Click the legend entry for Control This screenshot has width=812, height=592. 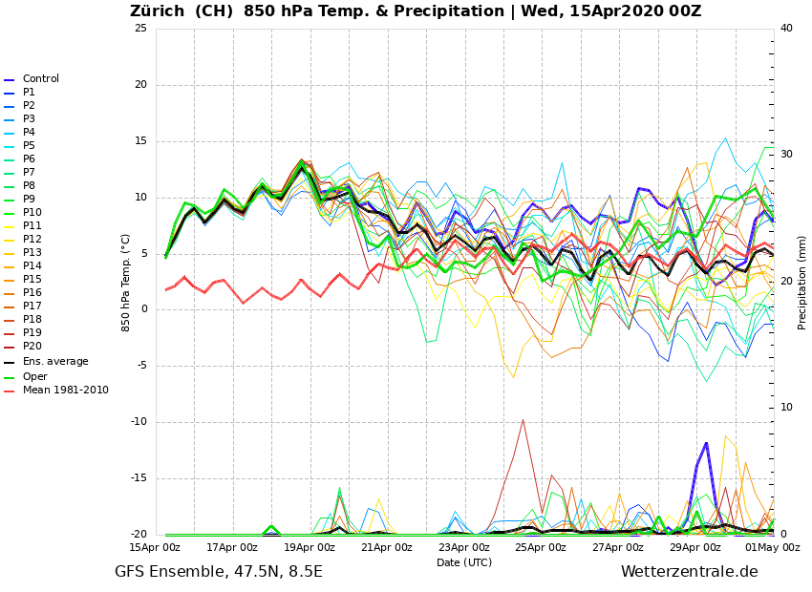pos(40,79)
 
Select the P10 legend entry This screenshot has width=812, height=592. pos(32,213)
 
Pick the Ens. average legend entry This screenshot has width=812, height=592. pos(55,362)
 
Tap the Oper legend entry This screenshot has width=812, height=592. pos(34,376)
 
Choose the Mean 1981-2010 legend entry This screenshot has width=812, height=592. pos(65,391)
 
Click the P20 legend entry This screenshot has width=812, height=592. pos(32,347)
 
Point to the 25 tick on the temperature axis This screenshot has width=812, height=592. pos(140,29)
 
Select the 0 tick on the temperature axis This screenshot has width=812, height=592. pos(143,310)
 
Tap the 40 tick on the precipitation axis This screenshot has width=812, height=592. pos(786,29)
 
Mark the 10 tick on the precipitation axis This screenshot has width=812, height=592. pos(786,408)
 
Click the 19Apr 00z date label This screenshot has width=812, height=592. pos(310,547)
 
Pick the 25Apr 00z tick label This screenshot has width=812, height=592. pos(541,547)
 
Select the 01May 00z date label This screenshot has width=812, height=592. pos(772,547)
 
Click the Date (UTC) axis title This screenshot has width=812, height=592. pos(464,563)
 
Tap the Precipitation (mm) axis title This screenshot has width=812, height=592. pos(802,282)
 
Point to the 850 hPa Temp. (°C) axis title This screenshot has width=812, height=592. pos(126,282)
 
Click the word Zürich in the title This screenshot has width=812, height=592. pos(160,11)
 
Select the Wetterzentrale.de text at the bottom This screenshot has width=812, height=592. pos(689,572)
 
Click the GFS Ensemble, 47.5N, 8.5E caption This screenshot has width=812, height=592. pos(219,572)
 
